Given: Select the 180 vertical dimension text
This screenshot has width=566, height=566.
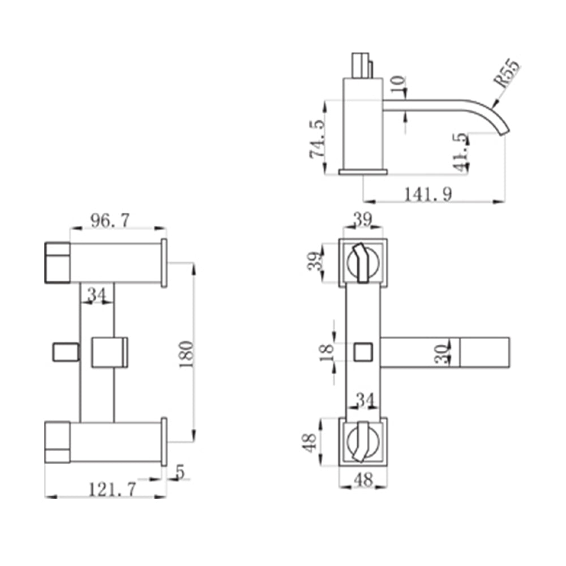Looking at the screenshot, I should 186,354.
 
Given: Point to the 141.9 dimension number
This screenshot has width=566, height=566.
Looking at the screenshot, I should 428,194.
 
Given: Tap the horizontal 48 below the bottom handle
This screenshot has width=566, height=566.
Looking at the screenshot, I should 363,480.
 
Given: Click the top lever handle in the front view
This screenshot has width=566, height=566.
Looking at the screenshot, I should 363,260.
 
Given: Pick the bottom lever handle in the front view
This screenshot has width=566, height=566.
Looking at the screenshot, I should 363,441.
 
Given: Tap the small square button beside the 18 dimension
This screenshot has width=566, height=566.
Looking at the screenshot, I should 363,352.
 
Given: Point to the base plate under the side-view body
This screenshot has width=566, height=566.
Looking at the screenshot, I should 363,171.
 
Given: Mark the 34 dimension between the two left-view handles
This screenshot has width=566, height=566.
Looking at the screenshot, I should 97,294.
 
